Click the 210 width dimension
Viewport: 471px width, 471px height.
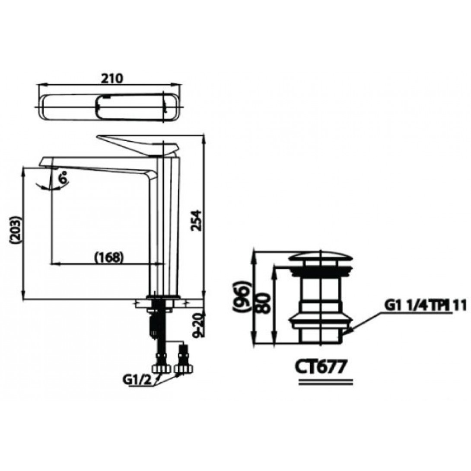pos(112,78)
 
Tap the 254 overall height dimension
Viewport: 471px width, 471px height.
pos(196,221)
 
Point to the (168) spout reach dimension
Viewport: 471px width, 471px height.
pos(109,257)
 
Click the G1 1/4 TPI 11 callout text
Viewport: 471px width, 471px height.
pos(426,306)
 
